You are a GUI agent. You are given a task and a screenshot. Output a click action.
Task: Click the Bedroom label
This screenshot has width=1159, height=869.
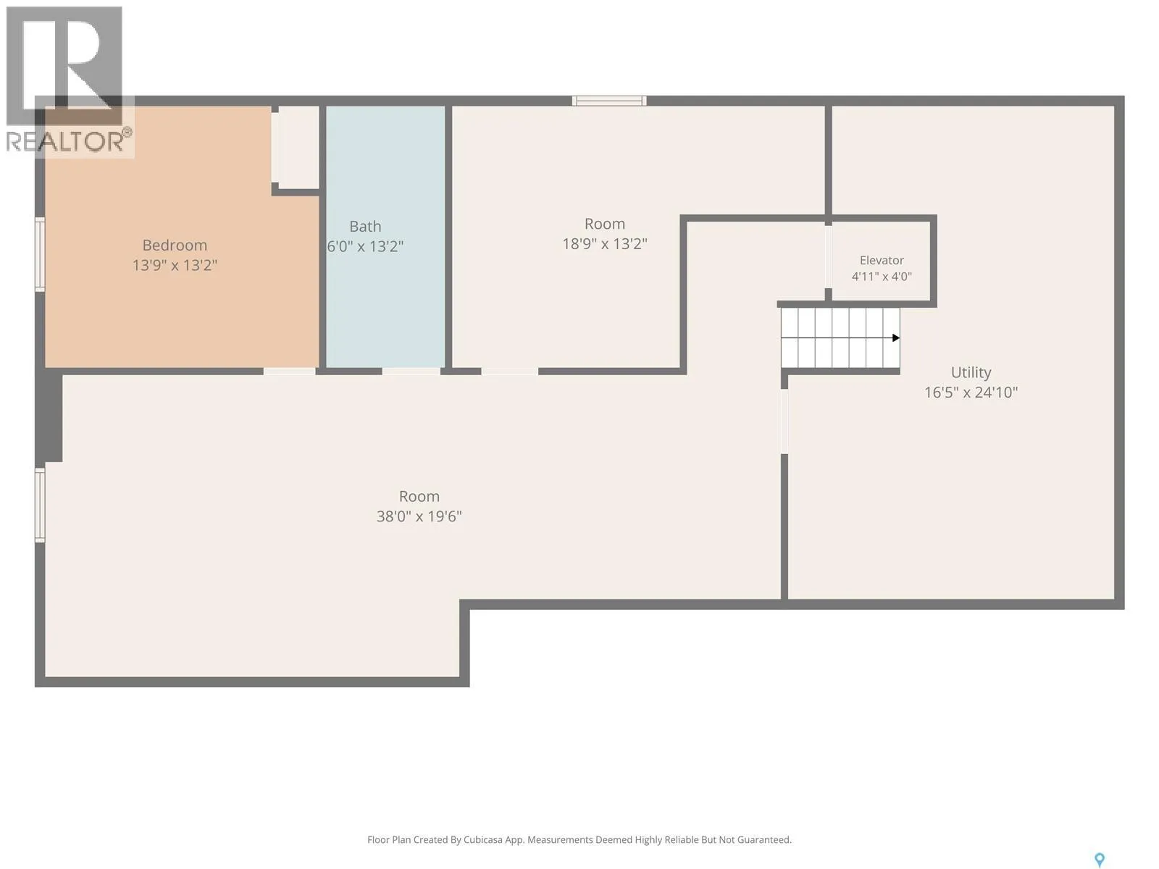click(x=175, y=245)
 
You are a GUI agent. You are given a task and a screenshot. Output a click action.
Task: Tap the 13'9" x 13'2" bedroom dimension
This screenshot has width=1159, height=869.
click(x=175, y=265)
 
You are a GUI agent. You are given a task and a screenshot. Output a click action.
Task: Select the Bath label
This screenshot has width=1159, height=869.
click(x=365, y=227)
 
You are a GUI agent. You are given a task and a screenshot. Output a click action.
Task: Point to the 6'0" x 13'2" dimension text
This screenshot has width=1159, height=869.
click(x=365, y=246)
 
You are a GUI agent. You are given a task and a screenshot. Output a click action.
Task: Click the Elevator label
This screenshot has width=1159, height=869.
click(x=882, y=260)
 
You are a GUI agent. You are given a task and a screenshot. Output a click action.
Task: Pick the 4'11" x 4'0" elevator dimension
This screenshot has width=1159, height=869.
click(x=882, y=277)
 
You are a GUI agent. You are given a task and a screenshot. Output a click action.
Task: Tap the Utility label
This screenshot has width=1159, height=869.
click(x=971, y=372)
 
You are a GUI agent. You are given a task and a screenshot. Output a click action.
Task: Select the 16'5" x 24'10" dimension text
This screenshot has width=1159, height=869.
click(x=971, y=392)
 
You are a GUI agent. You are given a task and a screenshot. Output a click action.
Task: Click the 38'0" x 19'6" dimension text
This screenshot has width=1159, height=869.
click(x=419, y=516)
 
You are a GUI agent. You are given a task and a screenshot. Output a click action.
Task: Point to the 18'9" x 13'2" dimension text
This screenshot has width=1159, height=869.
click(x=605, y=244)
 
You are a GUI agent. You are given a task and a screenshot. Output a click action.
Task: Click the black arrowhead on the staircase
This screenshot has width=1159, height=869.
click(x=895, y=337)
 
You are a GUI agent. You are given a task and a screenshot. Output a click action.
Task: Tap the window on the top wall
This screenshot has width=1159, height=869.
click(x=608, y=101)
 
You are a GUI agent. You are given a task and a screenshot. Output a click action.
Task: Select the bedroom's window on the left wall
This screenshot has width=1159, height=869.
click(x=40, y=254)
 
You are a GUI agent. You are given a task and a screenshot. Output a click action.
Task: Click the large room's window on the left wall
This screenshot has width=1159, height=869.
click(x=40, y=505)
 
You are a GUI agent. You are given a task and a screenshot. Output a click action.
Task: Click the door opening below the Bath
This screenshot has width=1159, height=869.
click(x=411, y=371)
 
